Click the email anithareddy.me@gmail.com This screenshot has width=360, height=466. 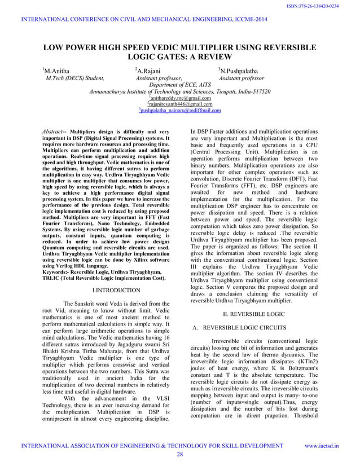[179, 98]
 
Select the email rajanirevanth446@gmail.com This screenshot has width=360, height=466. [179, 104]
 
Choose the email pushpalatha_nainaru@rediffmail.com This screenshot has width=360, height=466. [179, 111]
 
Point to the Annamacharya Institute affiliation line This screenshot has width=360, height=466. [179, 91]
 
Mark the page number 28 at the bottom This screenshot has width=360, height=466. [180, 454]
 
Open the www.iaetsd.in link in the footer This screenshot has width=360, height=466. [322, 446]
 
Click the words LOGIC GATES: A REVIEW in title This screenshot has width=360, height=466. [180, 57]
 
